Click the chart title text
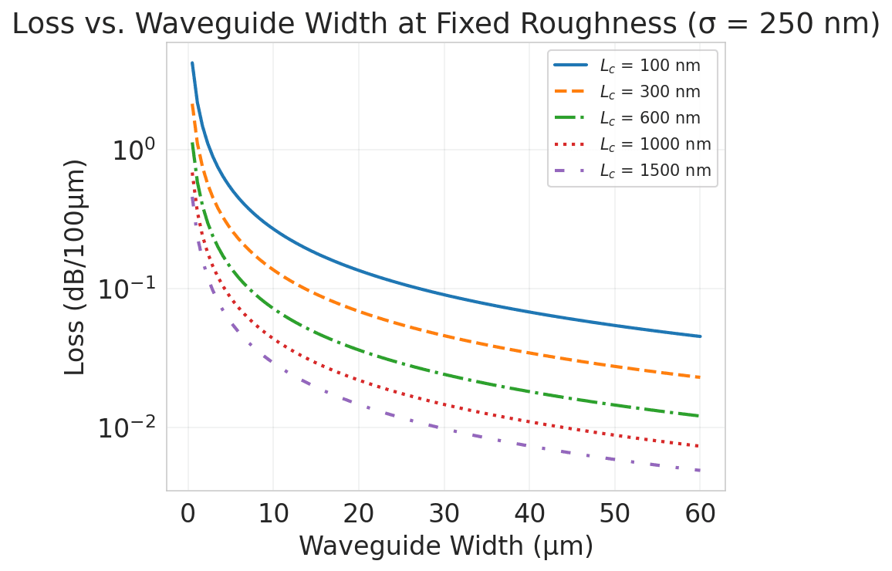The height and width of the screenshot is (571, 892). click(x=446, y=24)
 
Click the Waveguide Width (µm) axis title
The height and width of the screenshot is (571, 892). click(x=446, y=546)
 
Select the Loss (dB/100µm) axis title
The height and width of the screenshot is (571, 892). click(x=75, y=267)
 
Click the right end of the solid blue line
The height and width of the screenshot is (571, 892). click(x=700, y=336)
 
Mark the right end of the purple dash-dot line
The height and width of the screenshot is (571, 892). click(x=700, y=471)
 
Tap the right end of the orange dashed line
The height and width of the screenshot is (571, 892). click(x=700, y=377)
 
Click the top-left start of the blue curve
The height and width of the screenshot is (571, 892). click(x=192, y=63)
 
